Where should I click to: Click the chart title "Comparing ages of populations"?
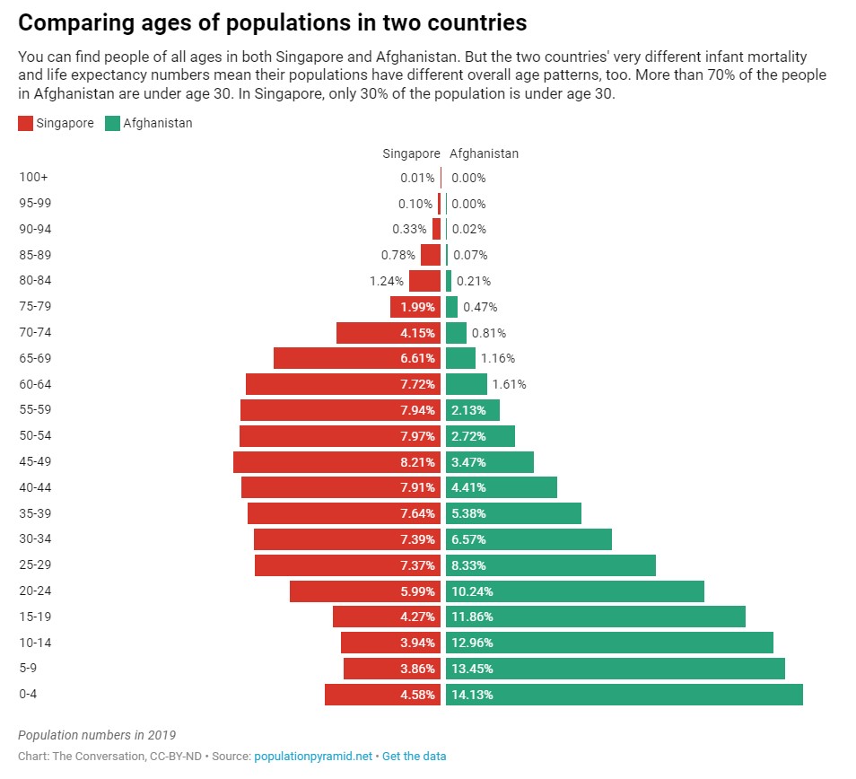click(x=272, y=21)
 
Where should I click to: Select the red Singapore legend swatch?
click(x=25, y=124)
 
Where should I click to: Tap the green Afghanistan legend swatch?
click(x=112, y=124)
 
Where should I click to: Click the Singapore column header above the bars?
click(x=411, y=153)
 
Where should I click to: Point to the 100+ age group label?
click(x=33, y=178)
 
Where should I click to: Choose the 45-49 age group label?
click(x=36, y=462)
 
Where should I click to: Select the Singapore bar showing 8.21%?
click(x=336, y=462)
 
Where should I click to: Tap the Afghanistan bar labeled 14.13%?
click(x=624, y=695)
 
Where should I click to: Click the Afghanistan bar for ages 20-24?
click(x=574, y=591)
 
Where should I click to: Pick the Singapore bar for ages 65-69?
click(x=356, y=358)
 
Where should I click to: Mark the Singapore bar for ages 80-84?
click(x=424, y=281)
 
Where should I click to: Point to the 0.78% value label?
click(x=398, y=255)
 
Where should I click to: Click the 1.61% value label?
click(x=509, y=384)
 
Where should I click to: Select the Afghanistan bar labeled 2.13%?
click(x=472, y=410)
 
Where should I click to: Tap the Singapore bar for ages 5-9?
click(x=391, y=669)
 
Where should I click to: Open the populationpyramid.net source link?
click(x=313, y=757)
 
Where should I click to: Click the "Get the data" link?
click(x=414, y=757)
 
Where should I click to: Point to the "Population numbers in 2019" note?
click(x=97, y=735)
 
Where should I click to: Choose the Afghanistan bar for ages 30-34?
click(x=528, y=539)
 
